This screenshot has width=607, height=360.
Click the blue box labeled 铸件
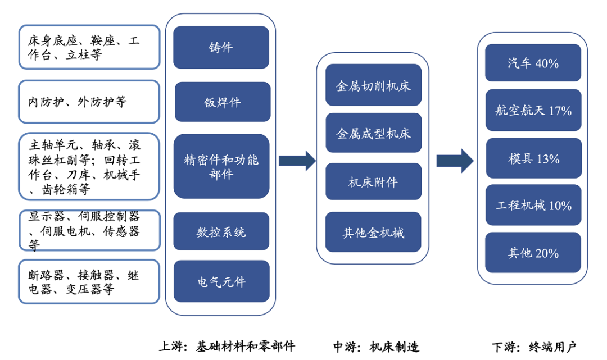coord(221,47)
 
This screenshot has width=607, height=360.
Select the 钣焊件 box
coord(222,102)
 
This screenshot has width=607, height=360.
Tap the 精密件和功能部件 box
coord(221,166)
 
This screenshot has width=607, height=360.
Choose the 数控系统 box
coord(221,231)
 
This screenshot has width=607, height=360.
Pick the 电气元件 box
coord(221,281)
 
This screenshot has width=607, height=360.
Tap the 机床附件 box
coord(373,181)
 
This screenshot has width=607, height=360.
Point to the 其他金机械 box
coord(373,231)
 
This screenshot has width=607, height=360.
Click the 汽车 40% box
coord(533,62)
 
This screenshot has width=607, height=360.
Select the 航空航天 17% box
coord(533,110)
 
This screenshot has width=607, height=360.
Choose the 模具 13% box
coord(533,158)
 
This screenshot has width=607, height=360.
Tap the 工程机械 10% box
coord(533,205)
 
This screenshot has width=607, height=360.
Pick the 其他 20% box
coord(533,253)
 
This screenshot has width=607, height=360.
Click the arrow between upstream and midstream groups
coord(297,161)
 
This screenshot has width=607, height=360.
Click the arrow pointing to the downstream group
coord(455,161)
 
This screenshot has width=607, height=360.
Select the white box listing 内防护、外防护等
coord(89,102)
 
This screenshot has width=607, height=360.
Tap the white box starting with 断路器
coord(89,281)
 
